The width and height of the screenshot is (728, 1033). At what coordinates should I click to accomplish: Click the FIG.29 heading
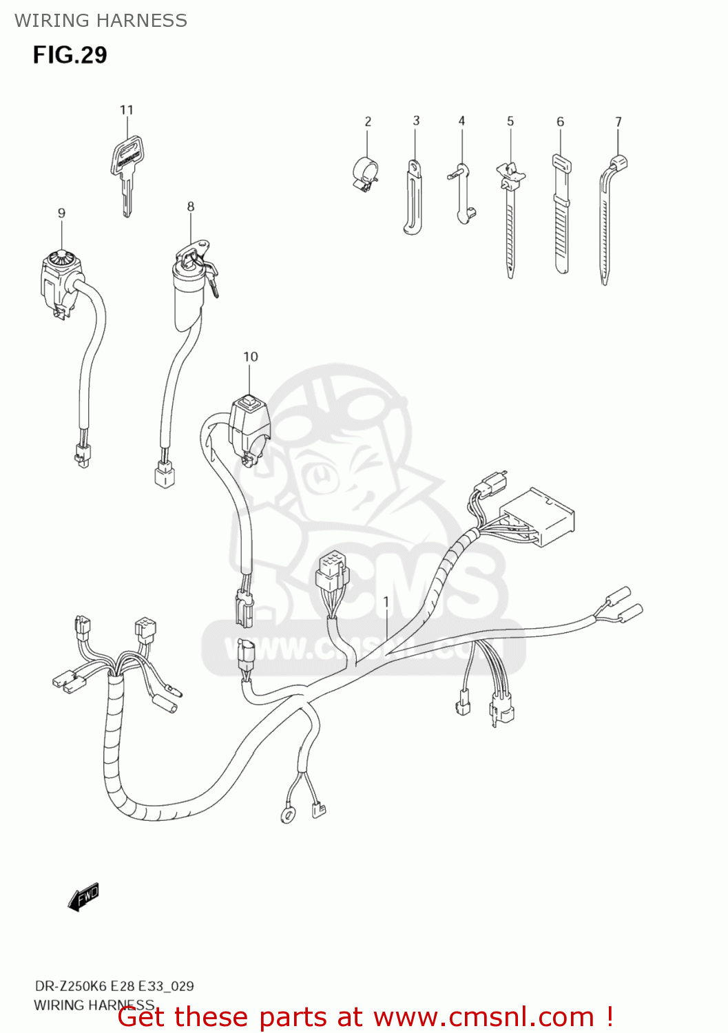tap(70, 54)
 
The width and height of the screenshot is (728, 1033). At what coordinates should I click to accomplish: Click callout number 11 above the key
tap(126, 110)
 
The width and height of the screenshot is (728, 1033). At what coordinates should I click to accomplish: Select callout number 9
tap(61, 213)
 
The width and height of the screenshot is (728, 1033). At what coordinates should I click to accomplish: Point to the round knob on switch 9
tap(61, 259)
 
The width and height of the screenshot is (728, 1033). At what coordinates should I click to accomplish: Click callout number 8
tap(191, 206)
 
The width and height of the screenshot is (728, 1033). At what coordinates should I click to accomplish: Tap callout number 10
tap(250, 356)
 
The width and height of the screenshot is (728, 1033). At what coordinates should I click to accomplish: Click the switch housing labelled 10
tap(249, 424)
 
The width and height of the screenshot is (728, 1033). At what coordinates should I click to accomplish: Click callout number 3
tap(416, 121)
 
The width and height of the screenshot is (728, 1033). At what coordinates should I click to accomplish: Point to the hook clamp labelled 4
tap(462, 193)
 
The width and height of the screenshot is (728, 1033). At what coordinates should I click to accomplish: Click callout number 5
tap(510, 121)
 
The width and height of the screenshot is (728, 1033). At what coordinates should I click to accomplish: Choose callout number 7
tap(618, 122)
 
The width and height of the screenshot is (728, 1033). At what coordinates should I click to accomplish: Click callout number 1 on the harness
tap(386, 601)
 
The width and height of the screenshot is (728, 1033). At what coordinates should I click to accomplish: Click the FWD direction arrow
tap(83, 897)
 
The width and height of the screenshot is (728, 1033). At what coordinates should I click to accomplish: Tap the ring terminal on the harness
tap(287, 815)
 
